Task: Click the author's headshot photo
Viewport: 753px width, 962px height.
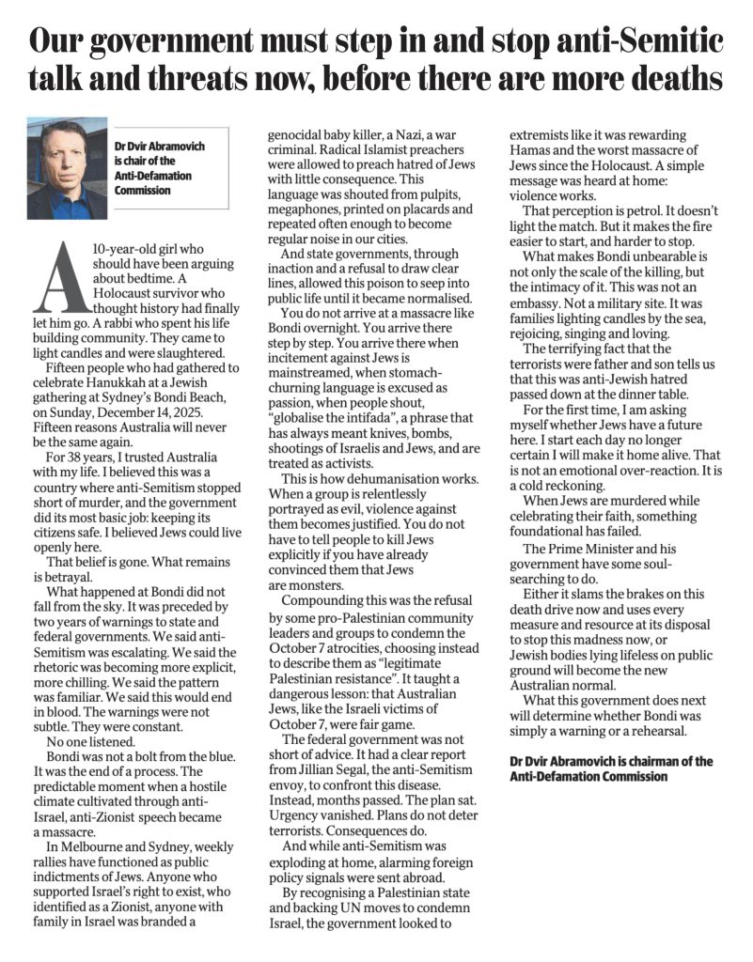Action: [68, 168]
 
